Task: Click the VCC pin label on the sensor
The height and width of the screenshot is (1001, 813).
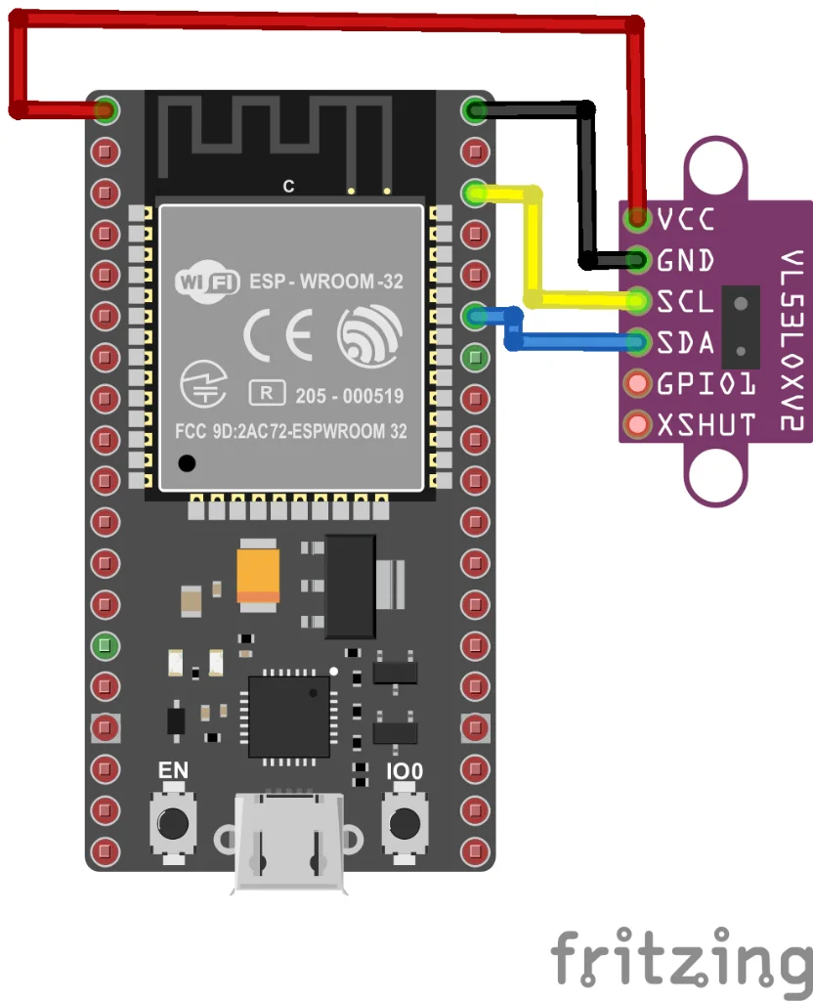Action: click(686, 218)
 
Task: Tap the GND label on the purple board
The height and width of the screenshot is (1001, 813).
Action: click(686, 261)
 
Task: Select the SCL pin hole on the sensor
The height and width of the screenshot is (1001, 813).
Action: click(639, 300)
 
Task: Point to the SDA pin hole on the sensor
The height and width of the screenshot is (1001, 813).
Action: click(639, 342)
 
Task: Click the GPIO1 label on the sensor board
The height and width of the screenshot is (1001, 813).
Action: click(706, 383)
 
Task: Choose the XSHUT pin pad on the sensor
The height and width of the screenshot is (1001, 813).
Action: click(638, 425)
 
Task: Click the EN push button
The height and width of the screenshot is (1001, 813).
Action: click(174, 822)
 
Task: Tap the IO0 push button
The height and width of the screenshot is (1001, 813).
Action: click(404, 822)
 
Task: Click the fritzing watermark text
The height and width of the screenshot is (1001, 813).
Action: click(681, 958)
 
